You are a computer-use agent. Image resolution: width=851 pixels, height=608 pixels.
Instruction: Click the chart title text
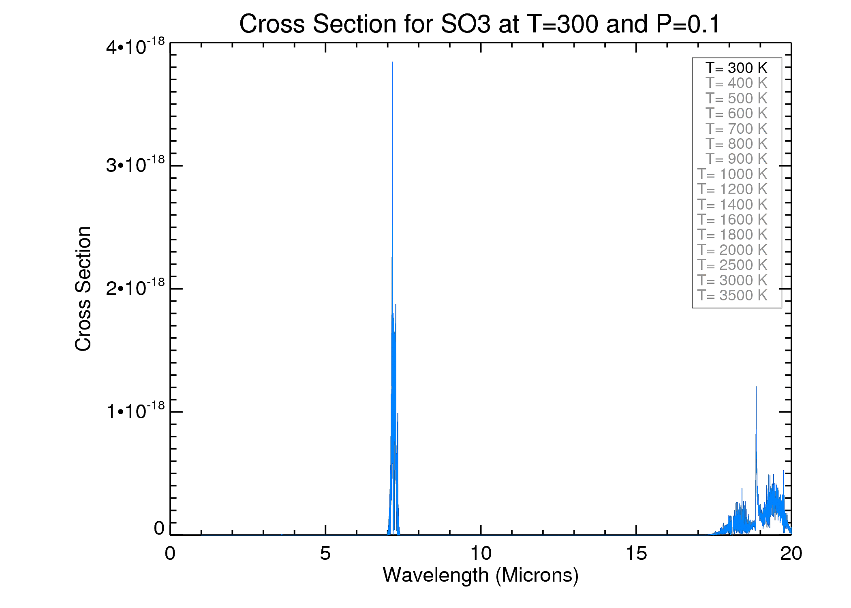click(x=479, y=24)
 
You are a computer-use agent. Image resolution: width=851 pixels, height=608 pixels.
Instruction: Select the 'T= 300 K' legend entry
click(x=736, y=68)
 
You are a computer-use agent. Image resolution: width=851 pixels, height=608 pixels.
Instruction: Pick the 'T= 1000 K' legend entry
click(x=732, y=174)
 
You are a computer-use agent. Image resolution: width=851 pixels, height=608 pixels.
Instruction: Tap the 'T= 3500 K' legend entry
click(x=732, y=295)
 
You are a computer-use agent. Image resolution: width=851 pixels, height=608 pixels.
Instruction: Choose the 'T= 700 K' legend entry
click(x=736, y=128)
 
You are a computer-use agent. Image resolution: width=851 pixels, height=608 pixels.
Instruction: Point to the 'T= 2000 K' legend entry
click(x=732, y=250)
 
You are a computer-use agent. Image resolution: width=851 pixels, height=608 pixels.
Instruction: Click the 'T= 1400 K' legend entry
click(x=732, y=204)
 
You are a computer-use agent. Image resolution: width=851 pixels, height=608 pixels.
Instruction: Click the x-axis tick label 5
click(x=325, y=553)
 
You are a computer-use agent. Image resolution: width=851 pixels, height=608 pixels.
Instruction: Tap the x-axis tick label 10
click(x=481, y=553)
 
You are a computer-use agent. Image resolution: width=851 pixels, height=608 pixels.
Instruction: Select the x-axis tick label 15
click(x=636, y=553)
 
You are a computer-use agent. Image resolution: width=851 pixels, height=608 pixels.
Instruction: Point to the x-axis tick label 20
click(x=791, y=553)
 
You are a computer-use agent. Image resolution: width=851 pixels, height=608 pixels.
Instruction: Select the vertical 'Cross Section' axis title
click(x=83, y=289)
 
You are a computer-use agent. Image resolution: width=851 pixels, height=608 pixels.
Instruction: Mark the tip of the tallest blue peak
click(x=392, y=62)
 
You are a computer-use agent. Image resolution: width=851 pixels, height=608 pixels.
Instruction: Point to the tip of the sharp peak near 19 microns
click(x=756, y=387)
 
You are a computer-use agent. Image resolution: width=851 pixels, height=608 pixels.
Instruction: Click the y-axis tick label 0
click(x=159, y=528)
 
